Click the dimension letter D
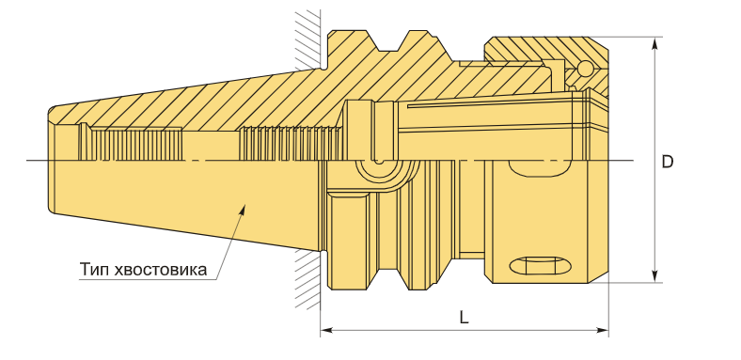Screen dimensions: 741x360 click(667, 162)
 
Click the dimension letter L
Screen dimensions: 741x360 click(465, 318)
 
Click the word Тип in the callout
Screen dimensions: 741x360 click(96, 269)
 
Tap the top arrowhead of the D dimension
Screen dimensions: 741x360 click(654, 43)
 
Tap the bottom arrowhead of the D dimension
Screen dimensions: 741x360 click(654, 276)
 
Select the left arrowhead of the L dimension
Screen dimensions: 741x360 click(326, 330)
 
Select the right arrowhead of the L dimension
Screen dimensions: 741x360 click(602, 330)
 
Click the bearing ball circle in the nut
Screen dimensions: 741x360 click(586, 69)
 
